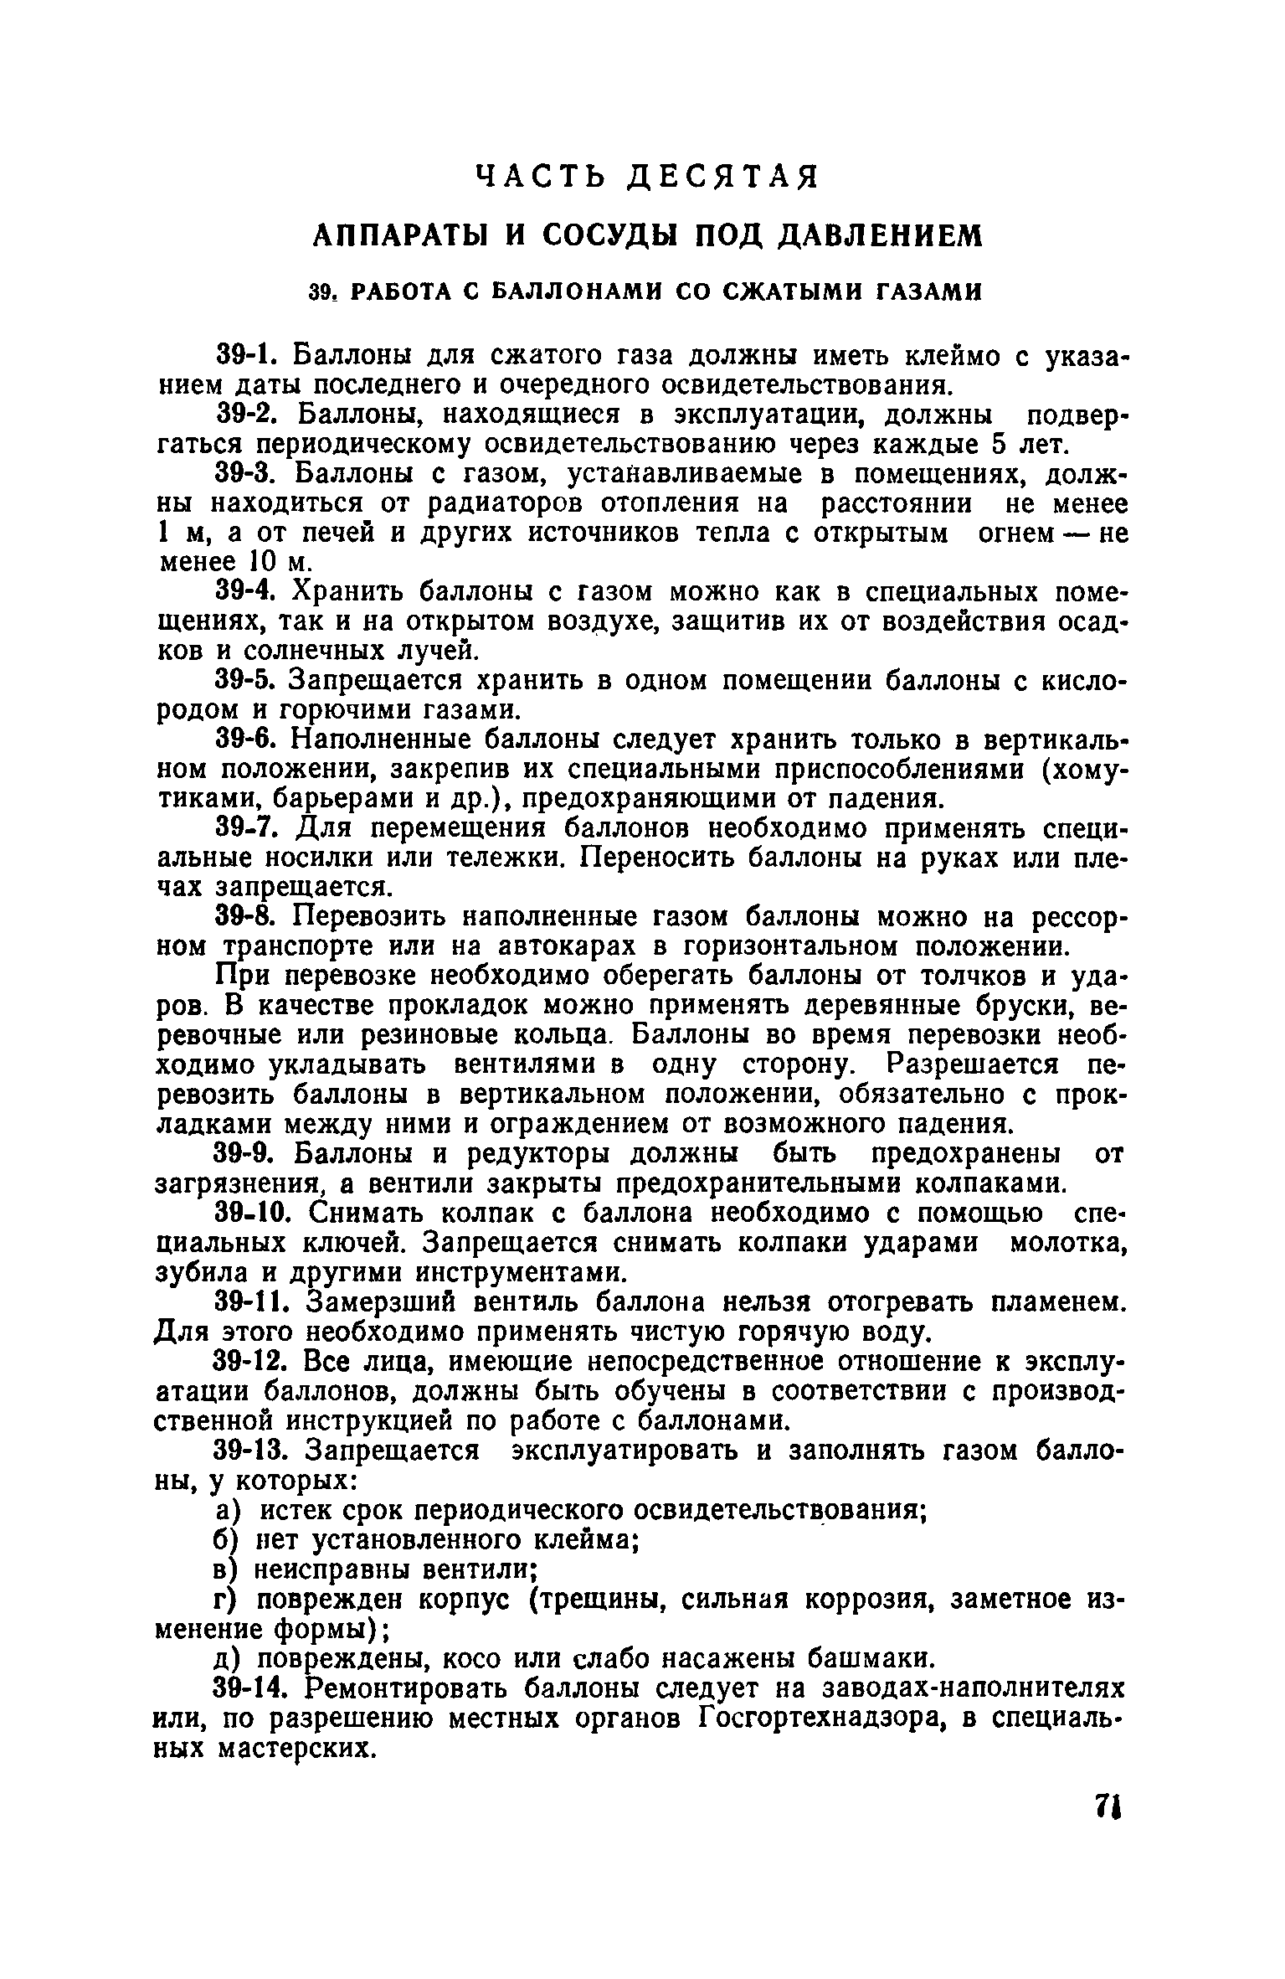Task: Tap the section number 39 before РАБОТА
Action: pos(322,292)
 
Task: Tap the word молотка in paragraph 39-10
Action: pos(1066,1243)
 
